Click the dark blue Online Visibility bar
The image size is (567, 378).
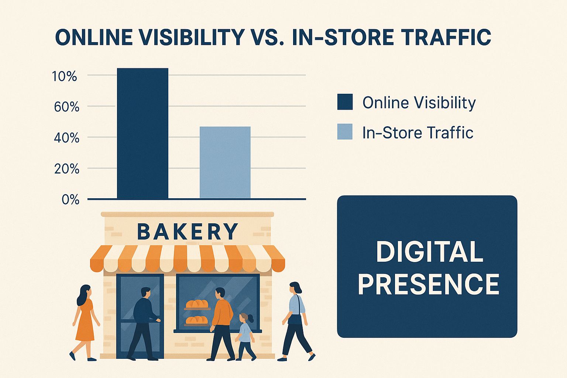point(142,133)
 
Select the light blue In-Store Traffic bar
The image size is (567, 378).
point(225,162)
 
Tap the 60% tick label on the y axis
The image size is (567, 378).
point(66,107)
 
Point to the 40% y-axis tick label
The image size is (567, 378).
point(66,138)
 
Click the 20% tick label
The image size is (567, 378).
point(66,169)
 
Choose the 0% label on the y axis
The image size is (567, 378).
point(71,200)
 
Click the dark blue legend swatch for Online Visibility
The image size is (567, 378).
point(345,102)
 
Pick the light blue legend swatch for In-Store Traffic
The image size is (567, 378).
point(345,131)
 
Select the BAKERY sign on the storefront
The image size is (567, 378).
point(187,231)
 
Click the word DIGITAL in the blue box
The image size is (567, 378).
point(430,251)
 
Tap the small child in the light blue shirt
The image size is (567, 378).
point(245,337)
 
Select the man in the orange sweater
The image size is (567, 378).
point(221,324)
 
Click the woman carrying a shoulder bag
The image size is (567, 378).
point(296,321)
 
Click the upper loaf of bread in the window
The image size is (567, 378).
point(197,303)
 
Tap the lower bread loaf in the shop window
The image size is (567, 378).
point(197,320)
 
